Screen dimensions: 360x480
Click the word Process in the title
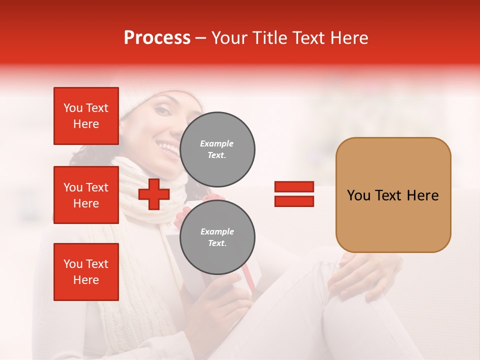[x=157, y=38]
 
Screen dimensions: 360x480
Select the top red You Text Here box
[x=86, y=116]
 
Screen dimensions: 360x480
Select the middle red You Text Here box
[x=86, y=195]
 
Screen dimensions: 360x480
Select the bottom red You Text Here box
[x=86, y=272]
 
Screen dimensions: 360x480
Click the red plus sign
[x=154, y=194]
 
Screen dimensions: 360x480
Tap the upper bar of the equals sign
[x=294, y=187]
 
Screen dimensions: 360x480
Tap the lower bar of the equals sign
[x=294, y=201]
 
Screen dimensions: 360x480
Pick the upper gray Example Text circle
[x=217, y=149]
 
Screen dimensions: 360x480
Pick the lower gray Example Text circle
[x=217, y=237]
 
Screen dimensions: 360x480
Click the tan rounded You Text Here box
[x=393, y=195]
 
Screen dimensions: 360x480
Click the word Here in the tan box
[x=422, y=195]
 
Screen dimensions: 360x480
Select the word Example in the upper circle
[x=216, y=143]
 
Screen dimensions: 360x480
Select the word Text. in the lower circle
[x=217, y=243]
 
